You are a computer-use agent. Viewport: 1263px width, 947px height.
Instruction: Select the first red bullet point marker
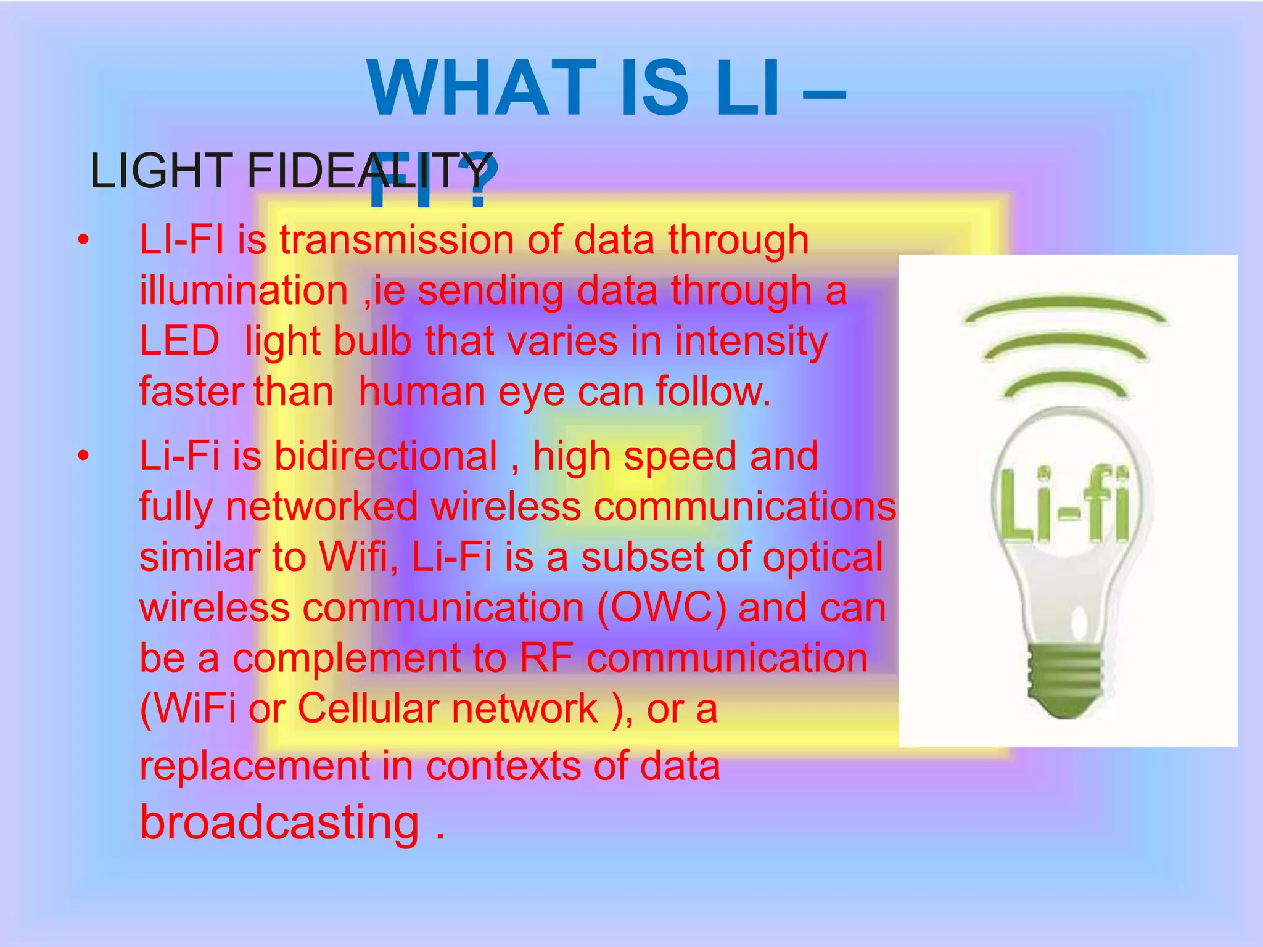[x=83, y=240]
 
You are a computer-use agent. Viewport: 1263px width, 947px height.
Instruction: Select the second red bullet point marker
[x=83, y=457]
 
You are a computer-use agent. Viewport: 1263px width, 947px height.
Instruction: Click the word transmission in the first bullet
[x=397, y=240]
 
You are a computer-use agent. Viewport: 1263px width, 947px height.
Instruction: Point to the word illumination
[x=244, y=290]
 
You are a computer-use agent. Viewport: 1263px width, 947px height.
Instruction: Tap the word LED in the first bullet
[x=179, y=341]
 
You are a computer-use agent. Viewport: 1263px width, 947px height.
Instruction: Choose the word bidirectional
[x=385, y=456]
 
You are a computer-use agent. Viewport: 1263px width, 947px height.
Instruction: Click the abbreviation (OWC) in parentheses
[x=662, y=608]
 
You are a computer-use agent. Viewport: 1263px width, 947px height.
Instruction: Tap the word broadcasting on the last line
[x=279, y=823]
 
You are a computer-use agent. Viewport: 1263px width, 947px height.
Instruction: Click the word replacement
[x=254, y=766]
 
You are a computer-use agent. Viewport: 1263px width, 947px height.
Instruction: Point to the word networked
[x=321, y=507]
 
